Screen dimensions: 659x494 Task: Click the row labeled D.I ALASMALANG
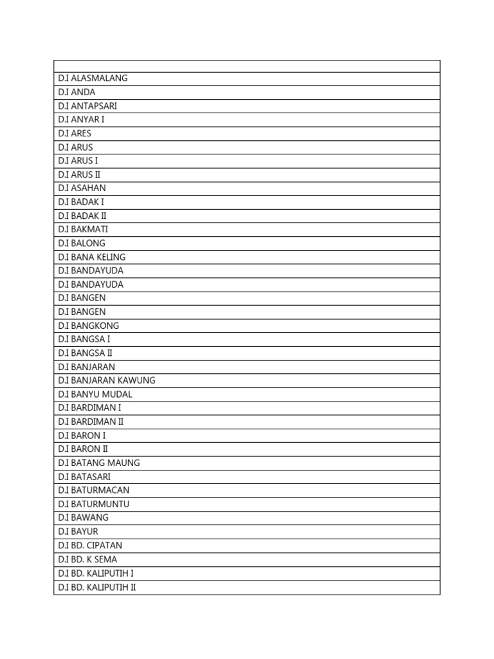click(x=93, y=79)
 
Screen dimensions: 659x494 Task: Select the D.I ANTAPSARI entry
click(x=87, y=106)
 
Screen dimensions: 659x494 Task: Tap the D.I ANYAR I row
click(x=81, y=120)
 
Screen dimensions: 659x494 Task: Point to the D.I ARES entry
click(x=75, y=133)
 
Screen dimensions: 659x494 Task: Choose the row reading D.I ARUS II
click(x=79, y=174)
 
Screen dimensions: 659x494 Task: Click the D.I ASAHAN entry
click(x=82, y=188)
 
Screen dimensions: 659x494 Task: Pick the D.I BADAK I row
click(x=81, y=202)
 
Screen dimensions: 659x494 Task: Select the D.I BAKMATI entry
click(x=83, y=229)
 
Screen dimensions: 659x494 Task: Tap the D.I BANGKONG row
click(x=88, y=326)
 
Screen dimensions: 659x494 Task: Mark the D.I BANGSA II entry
click(x=85, y=353)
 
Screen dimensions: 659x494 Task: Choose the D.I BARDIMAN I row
click(x=89, y=408)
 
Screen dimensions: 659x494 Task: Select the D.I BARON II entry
click(x=83, y=449)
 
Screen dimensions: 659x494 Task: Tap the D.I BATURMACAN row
click(x=93, y=490)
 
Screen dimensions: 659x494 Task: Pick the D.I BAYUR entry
click(x=78, y=532)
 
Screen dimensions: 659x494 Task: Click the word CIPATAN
click(x=104, y=545)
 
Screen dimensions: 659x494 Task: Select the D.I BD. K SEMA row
click(x=87, y=559)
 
